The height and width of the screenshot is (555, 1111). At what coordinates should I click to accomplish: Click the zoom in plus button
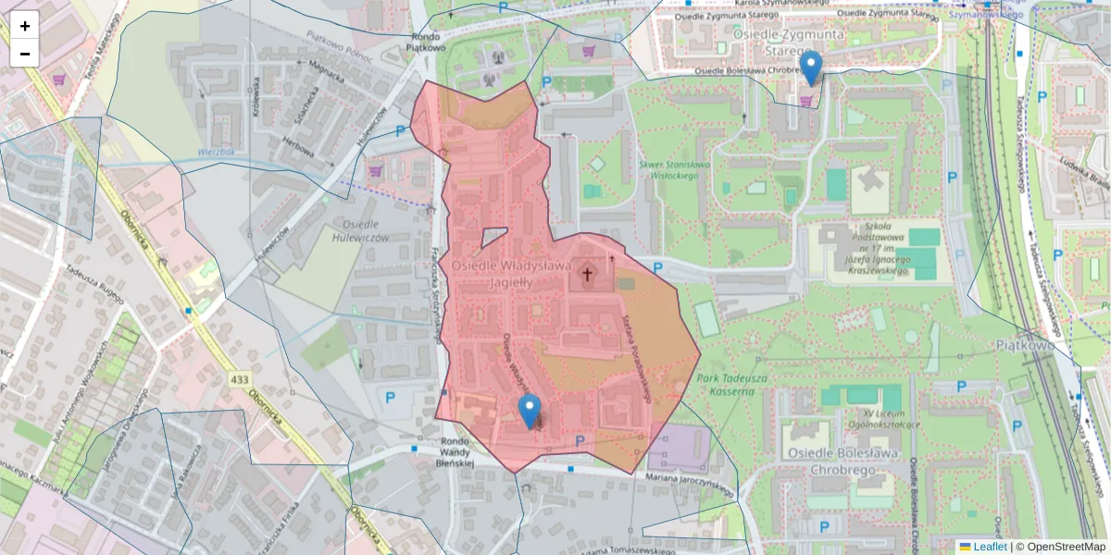point(25,26)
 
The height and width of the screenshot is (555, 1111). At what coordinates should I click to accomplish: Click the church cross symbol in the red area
point(587,275)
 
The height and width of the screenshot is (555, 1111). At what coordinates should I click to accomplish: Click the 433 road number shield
point(241,379)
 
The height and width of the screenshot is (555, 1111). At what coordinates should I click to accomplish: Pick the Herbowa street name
point(299,147)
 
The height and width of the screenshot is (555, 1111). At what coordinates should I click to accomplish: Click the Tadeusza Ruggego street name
point(94,282)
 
